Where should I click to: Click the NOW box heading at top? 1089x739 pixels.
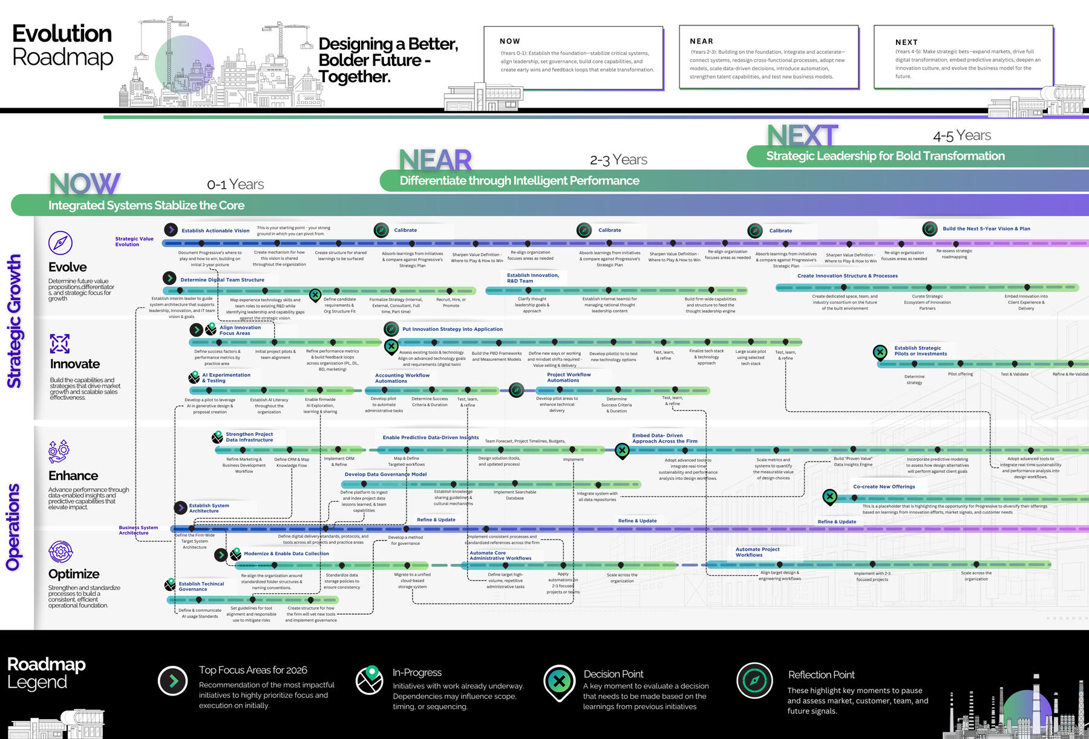[510, 41]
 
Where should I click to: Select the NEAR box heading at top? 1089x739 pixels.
[701, 41]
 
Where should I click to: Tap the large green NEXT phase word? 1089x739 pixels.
[802, 135]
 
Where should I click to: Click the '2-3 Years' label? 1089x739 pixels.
[618, 160]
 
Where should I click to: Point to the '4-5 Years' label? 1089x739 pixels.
[962, 135]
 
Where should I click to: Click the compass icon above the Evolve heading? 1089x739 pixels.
[60, 243]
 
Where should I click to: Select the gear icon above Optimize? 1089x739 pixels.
[60, 552]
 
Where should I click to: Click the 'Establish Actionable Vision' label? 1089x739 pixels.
[215, 230]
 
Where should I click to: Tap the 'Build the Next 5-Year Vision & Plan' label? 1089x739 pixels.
[986, 229]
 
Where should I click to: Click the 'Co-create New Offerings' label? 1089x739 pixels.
[884, 486]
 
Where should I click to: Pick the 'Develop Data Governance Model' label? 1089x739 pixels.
[385, 474]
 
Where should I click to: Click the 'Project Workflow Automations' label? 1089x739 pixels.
[569, 377]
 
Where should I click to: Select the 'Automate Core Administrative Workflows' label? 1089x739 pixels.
[500, 555]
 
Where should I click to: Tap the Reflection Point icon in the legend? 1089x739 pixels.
[754, 680]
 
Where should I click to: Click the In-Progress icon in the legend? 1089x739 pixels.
[369, 680]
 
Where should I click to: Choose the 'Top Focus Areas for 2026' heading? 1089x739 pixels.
[253, 670]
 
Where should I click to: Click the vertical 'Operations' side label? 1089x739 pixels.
[13, 527]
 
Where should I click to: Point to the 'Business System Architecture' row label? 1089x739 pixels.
[138, 530]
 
